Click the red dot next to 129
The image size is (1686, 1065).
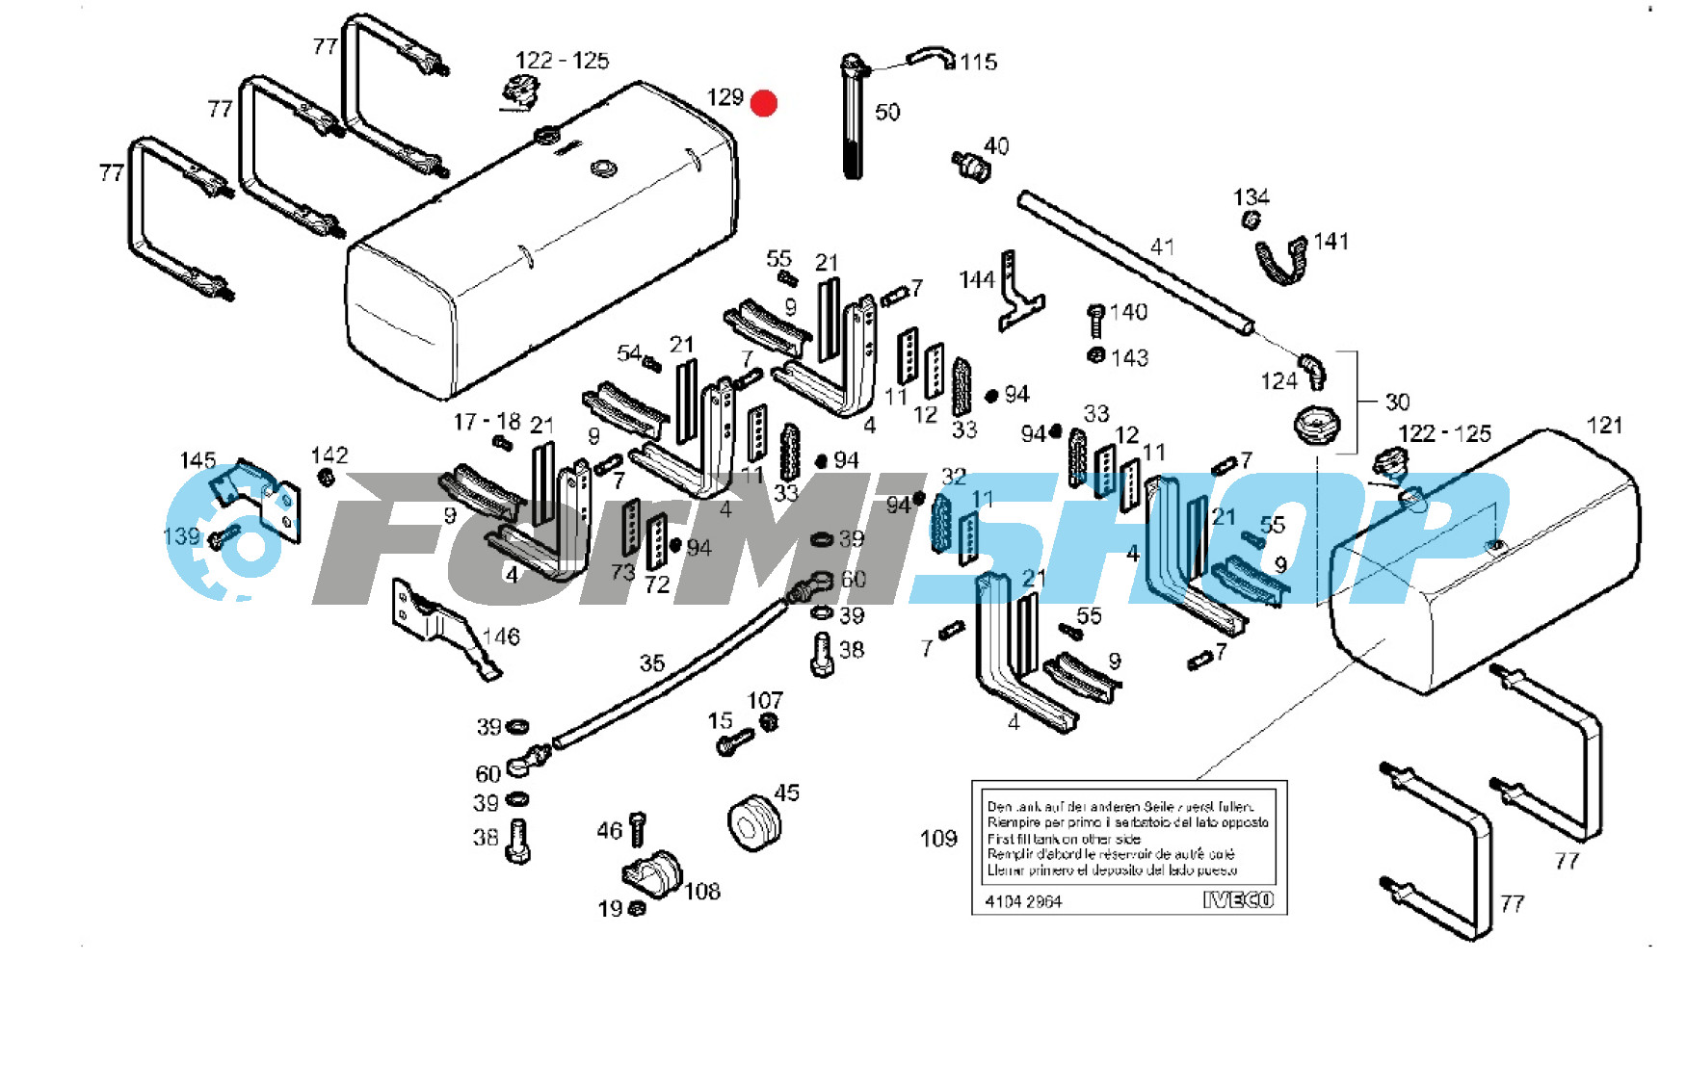(763, 103)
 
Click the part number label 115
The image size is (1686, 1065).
(978, 63)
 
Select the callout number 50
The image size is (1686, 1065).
(887, 113)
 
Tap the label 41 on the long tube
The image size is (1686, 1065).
(1163, 247)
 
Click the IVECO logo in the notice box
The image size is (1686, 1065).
(1238, 900)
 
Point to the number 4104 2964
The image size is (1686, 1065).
(1023, 902)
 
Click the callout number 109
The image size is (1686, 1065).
(938, 839)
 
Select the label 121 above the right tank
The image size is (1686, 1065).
(1604, 426)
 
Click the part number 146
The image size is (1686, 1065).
(501, 636)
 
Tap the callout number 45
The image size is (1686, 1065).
(787, 792)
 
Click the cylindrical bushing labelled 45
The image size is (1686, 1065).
(753, 823)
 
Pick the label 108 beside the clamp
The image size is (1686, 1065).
(702, 892)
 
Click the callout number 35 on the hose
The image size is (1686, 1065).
(652, 663)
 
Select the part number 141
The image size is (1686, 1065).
(1330, 242)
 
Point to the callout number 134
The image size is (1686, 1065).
(1251, 197)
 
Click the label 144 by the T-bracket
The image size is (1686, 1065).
(976, 280)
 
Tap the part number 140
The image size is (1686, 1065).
(1128, 312)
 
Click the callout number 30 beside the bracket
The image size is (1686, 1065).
(1397, 402)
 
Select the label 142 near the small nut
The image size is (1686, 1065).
(329, 455)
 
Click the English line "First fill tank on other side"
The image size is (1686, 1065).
(1064, 839)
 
